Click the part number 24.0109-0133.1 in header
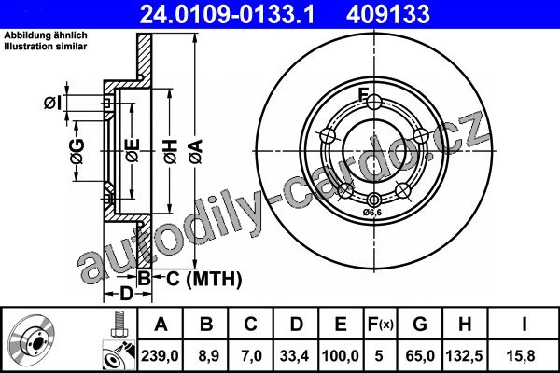click(227, 14)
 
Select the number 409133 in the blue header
click(388, 14)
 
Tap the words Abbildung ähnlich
click(46, 35)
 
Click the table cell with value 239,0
click(160, 356)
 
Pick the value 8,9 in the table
click(205, 356)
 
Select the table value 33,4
click(295, 356)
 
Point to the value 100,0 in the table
click(341, 356)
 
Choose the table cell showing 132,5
click(464, 356)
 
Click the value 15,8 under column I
click(523, 356)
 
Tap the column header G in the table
click(420, 325)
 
